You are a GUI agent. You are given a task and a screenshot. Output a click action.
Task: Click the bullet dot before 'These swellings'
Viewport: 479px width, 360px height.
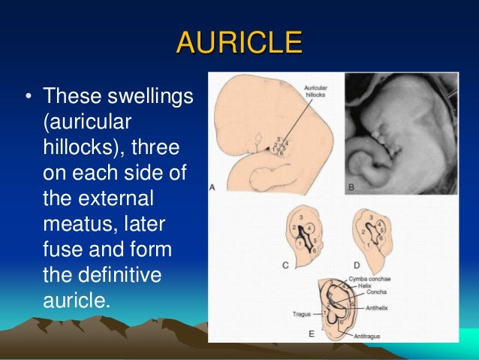point(27,98)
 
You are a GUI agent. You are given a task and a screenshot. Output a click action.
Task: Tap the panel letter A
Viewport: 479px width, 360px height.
point(214,188)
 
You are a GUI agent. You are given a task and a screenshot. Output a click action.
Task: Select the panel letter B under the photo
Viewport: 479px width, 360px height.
point(349,188)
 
